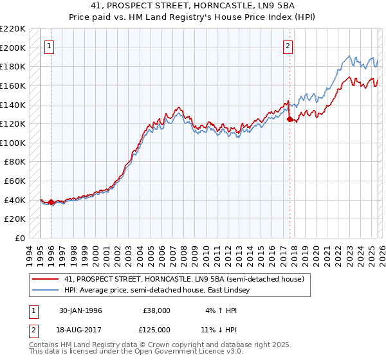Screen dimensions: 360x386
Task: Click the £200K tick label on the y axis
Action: pyautogui.click(x=13, y=48)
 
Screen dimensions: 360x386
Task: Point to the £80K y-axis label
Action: pyautogui.click(x=15, y=162)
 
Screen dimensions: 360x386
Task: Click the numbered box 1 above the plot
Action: pyautogui.click(x=50, y=46)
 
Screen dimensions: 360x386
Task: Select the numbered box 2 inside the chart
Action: pyautogui.click(x=288, y=46)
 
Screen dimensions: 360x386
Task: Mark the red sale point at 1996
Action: pyautogui.click(x=51, y=202)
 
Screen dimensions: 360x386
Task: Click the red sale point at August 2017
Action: pyautogui.click(x=289, y=119)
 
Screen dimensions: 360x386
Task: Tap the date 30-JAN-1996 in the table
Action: pyautogui.click(x=80, y=310)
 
